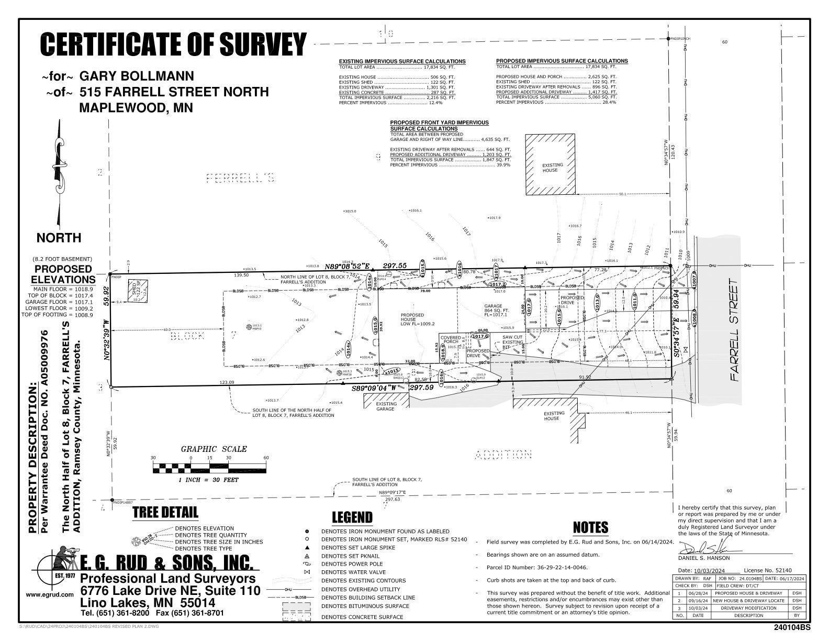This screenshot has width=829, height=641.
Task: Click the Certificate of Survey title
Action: (x=173, y=44)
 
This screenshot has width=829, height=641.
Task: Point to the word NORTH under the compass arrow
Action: (x=59, y=238)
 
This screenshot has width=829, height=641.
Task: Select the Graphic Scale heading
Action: (x=214, y=449)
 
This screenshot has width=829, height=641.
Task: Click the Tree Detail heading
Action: (x=165, y=512)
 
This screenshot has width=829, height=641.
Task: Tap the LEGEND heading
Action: (x=352, y=518)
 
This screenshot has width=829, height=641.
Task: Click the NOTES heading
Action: (x=590, y=527)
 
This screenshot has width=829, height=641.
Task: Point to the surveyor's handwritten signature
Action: (x=710, y=549)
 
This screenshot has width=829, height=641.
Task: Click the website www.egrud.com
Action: (x=50, y=595)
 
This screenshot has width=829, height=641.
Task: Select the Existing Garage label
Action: (x=386, y=406)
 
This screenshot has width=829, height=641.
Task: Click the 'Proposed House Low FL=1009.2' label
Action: (x=412, y=319)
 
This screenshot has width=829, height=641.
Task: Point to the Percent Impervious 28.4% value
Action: (x=609, y=102)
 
